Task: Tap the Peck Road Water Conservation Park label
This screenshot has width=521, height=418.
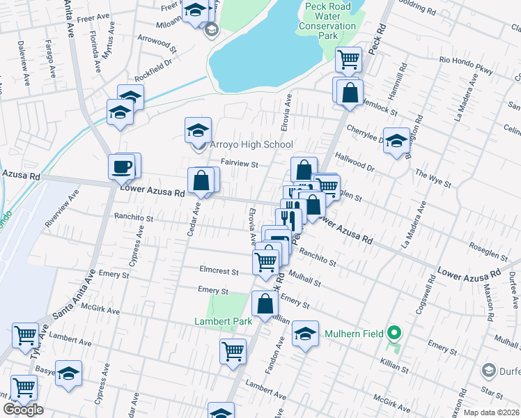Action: click(x=325, y=21)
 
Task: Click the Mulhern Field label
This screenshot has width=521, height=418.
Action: click(x=354, y=334)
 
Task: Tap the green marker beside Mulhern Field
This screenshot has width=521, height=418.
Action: click(x=394, y=334)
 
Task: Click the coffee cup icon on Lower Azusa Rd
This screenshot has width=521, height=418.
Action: click(x=121, y=167)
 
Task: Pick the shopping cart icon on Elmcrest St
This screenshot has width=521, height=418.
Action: click(x=265, y=261)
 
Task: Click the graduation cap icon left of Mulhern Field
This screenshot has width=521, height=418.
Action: click(x=304, y=334)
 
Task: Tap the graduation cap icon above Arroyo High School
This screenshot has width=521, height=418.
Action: click(x=198, y=130)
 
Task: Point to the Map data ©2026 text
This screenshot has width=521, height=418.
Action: click(x=491, y=412)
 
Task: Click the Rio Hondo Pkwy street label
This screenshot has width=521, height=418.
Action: click(x=466, y=61)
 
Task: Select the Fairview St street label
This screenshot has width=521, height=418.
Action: click(x=239, y=164)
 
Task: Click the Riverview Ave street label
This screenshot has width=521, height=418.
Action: click(x=59, y=213)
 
